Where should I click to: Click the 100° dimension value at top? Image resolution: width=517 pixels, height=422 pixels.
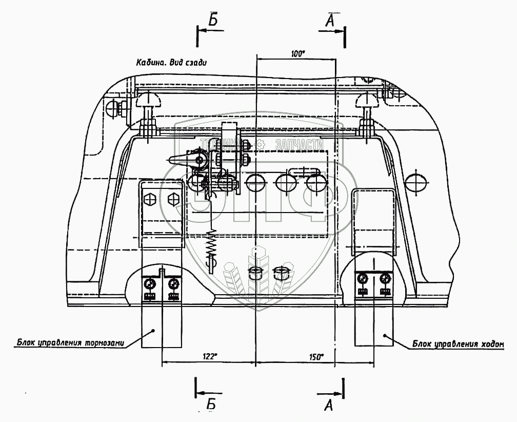click(297, 53)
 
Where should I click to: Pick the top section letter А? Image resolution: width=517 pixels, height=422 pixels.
click(330, 21)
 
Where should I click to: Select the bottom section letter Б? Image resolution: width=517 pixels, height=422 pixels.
click(211, 404)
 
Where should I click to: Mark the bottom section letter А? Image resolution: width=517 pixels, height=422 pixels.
click(329, 405)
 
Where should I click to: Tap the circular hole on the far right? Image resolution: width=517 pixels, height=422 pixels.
click(415, 181)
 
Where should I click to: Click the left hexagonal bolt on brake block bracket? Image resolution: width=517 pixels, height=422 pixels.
click(150, 199)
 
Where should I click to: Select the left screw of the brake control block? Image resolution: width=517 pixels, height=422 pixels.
click(150, 283)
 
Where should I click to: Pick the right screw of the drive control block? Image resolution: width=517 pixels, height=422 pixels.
click(384, 279)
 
